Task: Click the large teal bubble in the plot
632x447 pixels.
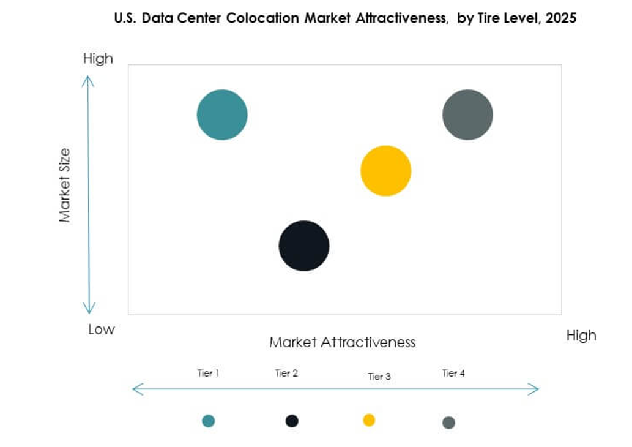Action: point(222,115)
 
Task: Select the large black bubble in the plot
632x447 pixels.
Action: point(304,246)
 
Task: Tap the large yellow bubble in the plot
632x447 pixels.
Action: point(385,171)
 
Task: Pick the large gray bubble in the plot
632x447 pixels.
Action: point(467,115)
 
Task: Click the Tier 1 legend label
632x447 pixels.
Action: point(208,373)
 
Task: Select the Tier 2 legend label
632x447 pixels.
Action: point(286,373)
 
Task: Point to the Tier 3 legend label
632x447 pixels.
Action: point(379,377)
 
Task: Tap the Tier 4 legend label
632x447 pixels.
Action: point(453,373)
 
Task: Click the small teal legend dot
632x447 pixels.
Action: point(209,421)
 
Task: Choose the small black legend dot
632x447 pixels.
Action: point(292,421)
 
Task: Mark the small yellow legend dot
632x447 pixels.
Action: point(369,420)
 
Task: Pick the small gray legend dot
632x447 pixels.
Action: point(448,423)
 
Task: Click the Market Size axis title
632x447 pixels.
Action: point(65,186)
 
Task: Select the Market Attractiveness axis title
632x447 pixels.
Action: point(342,342)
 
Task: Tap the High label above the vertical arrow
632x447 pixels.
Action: point(98,59)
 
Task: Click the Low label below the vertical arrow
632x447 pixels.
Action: point(101,329)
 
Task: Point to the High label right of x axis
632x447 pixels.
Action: point(581,336)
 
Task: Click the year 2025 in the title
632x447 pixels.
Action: point(562,18)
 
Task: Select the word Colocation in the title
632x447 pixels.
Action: point(262,18)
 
